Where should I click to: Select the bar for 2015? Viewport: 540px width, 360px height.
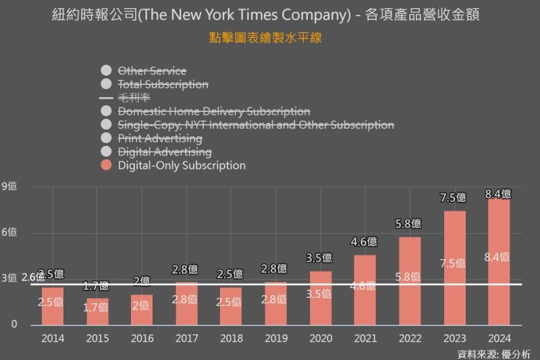click(97, 311)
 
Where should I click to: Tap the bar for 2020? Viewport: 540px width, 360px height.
click(321, 298)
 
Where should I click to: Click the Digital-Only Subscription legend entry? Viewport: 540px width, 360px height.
click(182, 165)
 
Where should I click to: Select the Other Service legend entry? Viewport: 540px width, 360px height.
click(152, 71)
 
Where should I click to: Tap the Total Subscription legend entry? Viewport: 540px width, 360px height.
click(163, 84)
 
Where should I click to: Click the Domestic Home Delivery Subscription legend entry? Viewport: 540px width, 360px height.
click(213, 111)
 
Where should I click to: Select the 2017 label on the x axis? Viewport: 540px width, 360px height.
click(186, 338)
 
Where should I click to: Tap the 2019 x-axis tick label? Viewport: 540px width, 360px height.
click(275, 338)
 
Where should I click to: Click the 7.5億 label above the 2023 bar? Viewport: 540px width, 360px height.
click(453, 197)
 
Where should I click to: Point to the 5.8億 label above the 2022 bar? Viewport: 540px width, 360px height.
click(408, 224)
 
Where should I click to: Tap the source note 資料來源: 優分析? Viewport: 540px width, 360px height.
click(493, 353)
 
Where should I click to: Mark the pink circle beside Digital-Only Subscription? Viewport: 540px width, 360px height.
click(105, 165)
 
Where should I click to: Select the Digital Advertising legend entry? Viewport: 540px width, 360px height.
click(165, 152)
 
